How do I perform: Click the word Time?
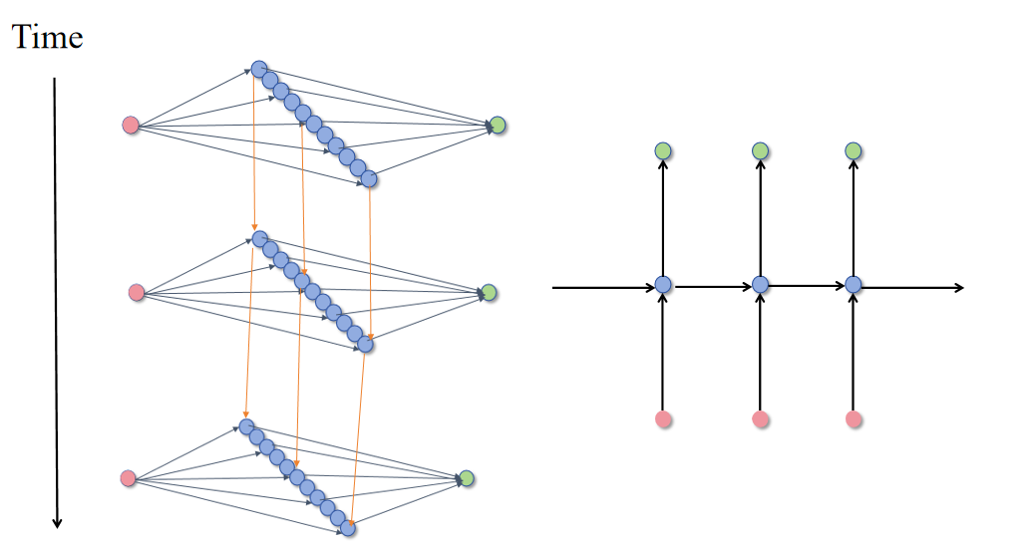[x=47, y=37]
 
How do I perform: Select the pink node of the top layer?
[x=131, y=125]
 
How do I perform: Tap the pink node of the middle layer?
[x=137, y=292]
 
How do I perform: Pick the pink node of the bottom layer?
[x=128, y=478]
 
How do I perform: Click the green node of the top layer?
[x=498, y=126]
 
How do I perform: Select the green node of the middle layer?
[x=488, y=293]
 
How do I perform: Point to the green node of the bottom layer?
[x=466, y=478]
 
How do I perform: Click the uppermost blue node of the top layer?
[x=259, y=69]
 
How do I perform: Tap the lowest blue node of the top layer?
[x=369, y=179]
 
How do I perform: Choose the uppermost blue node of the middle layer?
[x=259, y=239]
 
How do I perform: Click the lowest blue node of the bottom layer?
[x=348, y=529]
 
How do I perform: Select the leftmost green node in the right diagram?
[x=664, y=150]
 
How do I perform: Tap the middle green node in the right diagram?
[x=760, y=150]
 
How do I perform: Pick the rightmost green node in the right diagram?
[x=854, y=150]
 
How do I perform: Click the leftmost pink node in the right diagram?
[x=664, y=419]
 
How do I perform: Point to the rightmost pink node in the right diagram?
[x=854, y=419]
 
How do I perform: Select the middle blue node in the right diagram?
[x=760, y=285]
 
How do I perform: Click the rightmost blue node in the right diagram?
[x=854, y=285]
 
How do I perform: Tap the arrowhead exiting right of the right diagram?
[x=959, y=288]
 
